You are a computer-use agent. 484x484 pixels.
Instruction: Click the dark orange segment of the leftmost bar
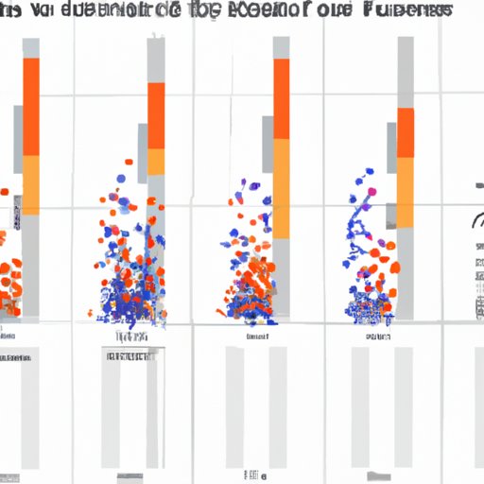pyautogui.click(x=31, y=106)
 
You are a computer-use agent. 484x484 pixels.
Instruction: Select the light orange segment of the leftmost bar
pyautogui.click(x=31, y=184)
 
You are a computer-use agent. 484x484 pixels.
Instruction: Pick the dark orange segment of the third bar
pyautogui.click(x=282, y=99)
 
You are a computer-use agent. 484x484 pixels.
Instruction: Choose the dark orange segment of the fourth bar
pyautogui.click(x=406, y=132)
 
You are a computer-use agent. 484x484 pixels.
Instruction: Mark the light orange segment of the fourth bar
pyautogui.click(x=406, y=189)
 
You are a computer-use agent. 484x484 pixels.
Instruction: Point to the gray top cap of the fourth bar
pyautogui.click(x=406, y=72)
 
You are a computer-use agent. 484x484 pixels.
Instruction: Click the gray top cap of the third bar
pyautogui.click(x=282, y=47)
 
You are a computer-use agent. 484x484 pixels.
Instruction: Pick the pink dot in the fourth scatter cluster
pyautogui.click(x=371, y=192)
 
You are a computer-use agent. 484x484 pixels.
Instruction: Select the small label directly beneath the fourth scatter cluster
pyautogui.click(x=373, y=336)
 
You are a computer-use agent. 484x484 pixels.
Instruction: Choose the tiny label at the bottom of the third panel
pyautogui.click(x=253, y=474)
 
